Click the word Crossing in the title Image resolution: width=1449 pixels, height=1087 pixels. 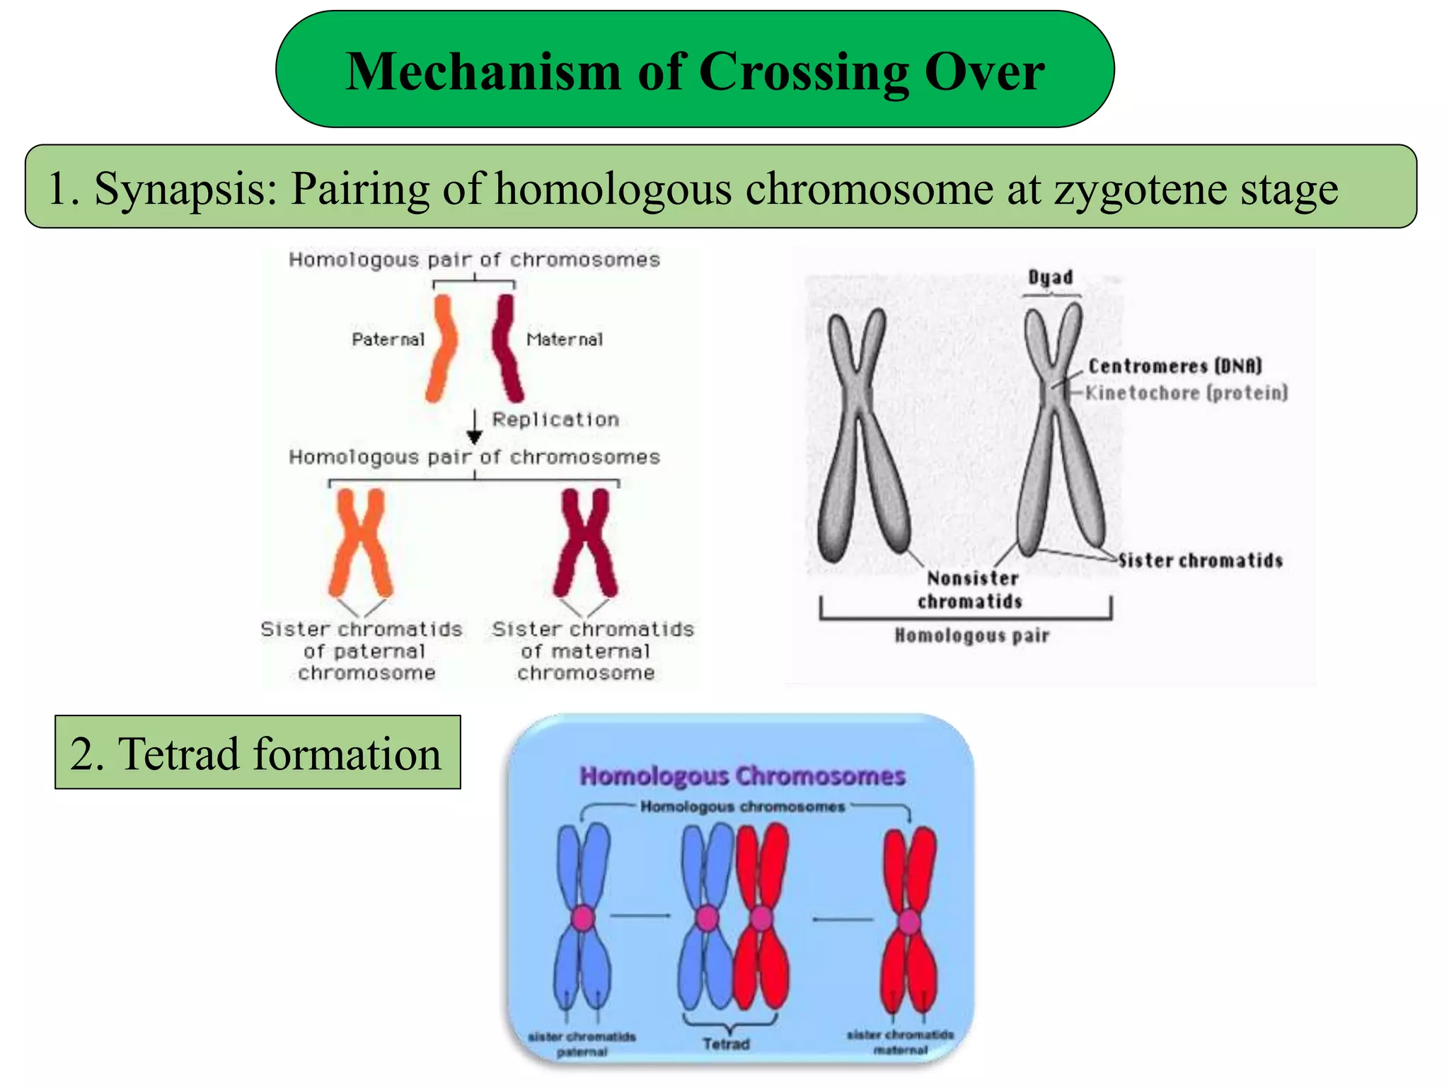click(x=804, y=71)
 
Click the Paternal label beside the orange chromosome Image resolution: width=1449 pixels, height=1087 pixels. click(x=388, y=340)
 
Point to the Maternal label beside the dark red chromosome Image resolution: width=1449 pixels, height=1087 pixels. click(x=565, y=340)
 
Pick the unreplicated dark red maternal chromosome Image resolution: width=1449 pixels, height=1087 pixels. click(x=507, y=348)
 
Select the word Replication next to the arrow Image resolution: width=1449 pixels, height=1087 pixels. click(x=555, y=420)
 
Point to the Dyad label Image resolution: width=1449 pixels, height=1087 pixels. click(x=1051, y=277)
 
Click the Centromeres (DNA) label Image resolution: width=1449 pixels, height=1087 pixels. click(x=1175, y=366)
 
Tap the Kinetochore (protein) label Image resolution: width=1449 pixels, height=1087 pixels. click(x=1187, y=393)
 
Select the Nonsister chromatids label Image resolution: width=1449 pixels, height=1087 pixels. click(x=971, y=589)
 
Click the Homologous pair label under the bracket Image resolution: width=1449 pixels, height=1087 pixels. click(x=971, y=635)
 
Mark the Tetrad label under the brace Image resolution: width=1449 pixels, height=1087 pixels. click(x=727, y=1044)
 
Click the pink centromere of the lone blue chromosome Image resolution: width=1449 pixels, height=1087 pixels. click(x=583, y=918)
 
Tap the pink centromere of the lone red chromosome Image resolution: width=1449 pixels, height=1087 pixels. click(x=909, y=921)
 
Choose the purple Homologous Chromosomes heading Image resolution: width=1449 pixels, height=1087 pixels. click(x=742, y=776)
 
